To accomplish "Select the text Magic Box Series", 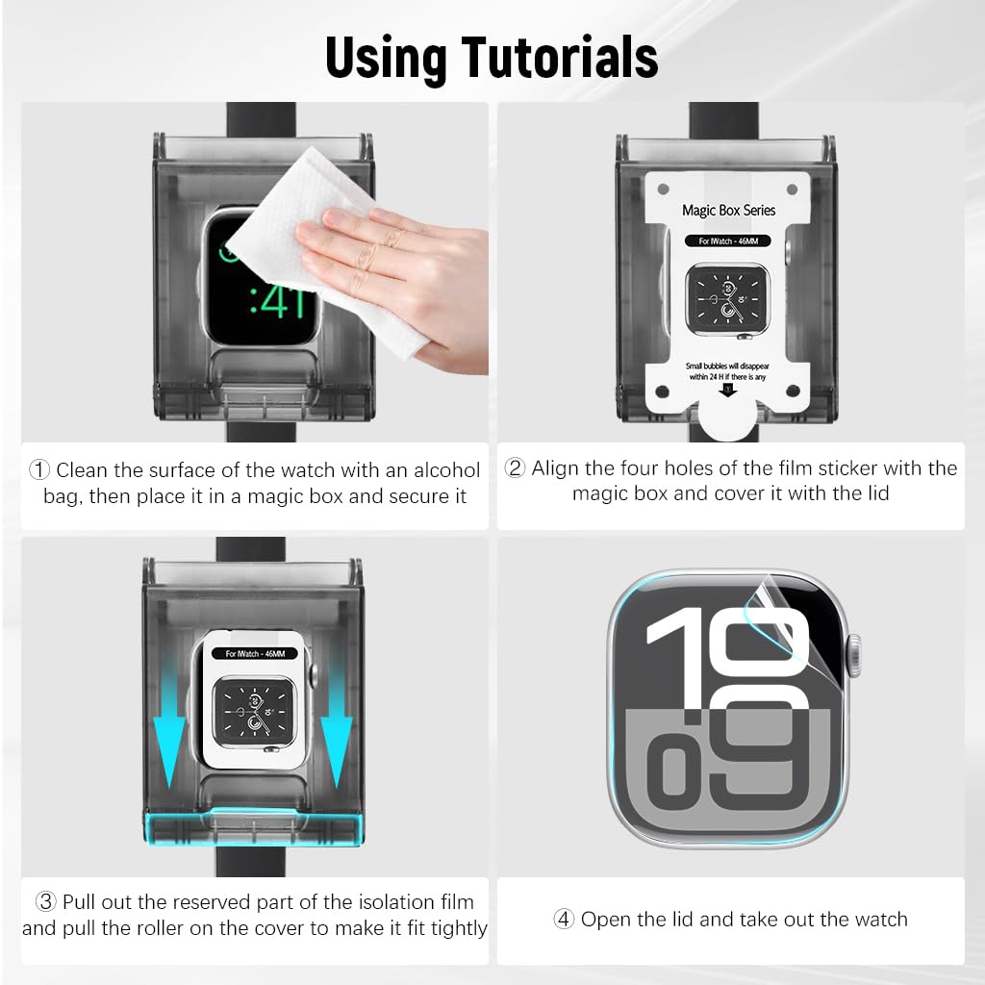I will [x=728, y=210].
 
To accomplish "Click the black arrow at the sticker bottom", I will [x=728, y=389].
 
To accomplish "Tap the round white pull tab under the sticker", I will [x=728, y=418].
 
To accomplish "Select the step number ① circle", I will [x=39, y=470].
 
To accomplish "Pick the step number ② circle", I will [x=516, y=468].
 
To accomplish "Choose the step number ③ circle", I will [x=46, y=902].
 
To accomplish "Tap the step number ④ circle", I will [x=565, y=920].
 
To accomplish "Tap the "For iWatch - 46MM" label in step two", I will [x=727, y=241].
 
